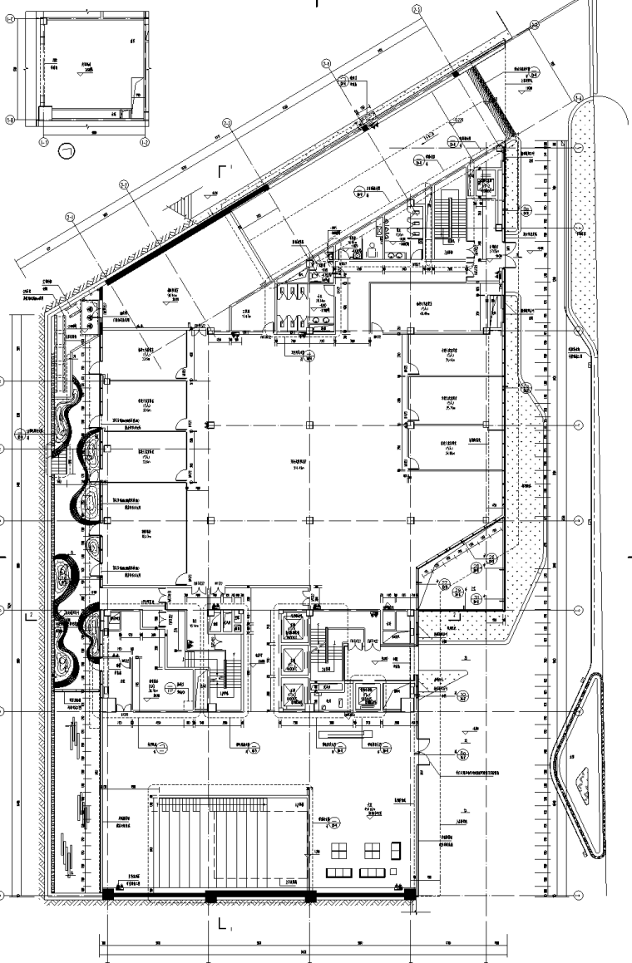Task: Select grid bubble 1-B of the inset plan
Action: [x=10, y=119]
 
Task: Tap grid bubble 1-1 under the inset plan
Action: [x=43, y=142]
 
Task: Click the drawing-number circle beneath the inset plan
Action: [x=67, y=151]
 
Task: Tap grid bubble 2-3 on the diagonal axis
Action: [x=225, y=123]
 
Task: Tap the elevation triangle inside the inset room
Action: [x=81, y=74]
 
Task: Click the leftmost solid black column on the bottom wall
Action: [x=107, y=894]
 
